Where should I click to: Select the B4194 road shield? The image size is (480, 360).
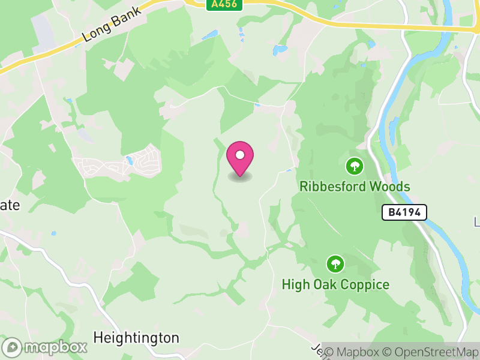pos(404,212)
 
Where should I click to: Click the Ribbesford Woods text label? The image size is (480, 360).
pos(355,187)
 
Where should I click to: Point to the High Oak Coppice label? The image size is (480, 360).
pos(335,284)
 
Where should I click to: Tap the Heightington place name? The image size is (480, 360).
pos(136,338)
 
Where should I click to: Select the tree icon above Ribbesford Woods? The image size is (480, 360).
pos(355,165)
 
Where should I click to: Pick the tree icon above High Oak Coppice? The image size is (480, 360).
pos(335,263)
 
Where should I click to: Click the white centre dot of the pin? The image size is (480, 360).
pos(240,155)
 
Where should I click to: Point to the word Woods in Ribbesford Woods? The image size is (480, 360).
pos(388,187)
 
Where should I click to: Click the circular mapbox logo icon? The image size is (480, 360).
pos(13,347)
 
